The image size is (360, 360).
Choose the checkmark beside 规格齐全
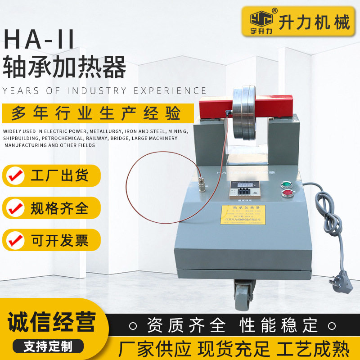tap(17, 207)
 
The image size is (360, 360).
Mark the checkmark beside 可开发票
tap(17, 239)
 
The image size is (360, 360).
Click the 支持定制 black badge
tap(48, 346)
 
